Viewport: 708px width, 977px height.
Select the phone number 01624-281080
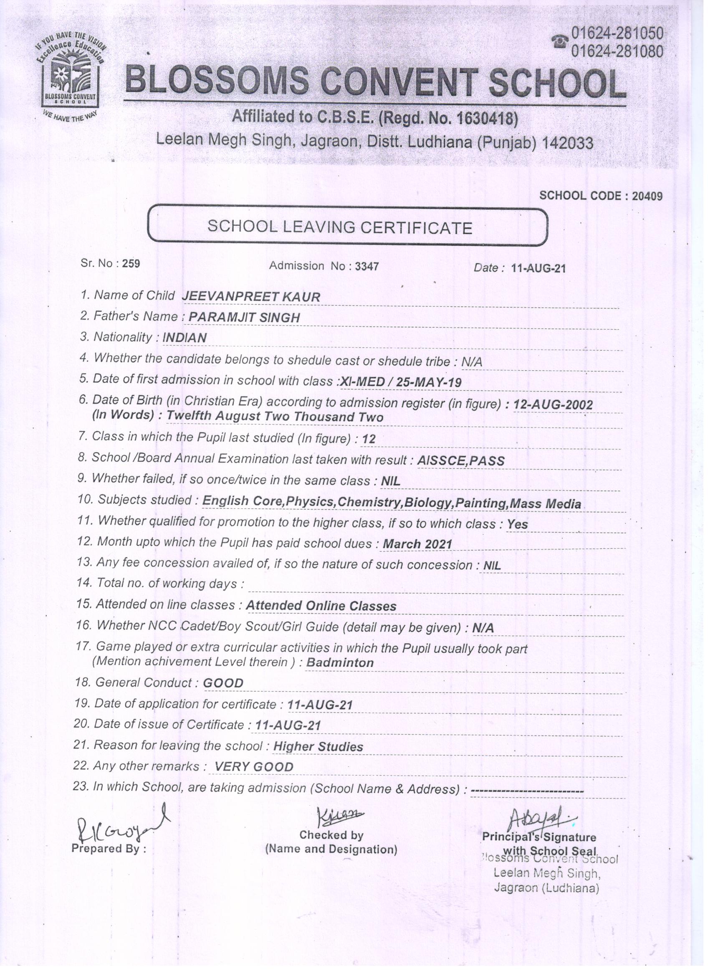point(617,52)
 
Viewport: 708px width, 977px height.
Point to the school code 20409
point(647,196)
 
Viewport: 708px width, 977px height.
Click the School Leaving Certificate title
point(339,227)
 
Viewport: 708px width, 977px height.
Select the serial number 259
point(131,264)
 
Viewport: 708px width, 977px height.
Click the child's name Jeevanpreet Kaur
point(251,297)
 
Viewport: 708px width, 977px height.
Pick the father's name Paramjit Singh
point(244,318)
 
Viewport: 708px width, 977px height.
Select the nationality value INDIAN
point(185,338)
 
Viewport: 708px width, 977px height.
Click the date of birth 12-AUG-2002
point(553,405)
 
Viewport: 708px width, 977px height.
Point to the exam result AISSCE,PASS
point(460,461)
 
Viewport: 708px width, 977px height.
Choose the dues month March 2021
point(417,544)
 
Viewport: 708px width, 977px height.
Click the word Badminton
point(340,662)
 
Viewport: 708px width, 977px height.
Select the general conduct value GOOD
point(223,683)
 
